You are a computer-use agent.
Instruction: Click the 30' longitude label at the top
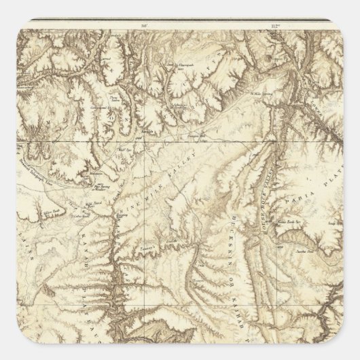click(x=145, y=26)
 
